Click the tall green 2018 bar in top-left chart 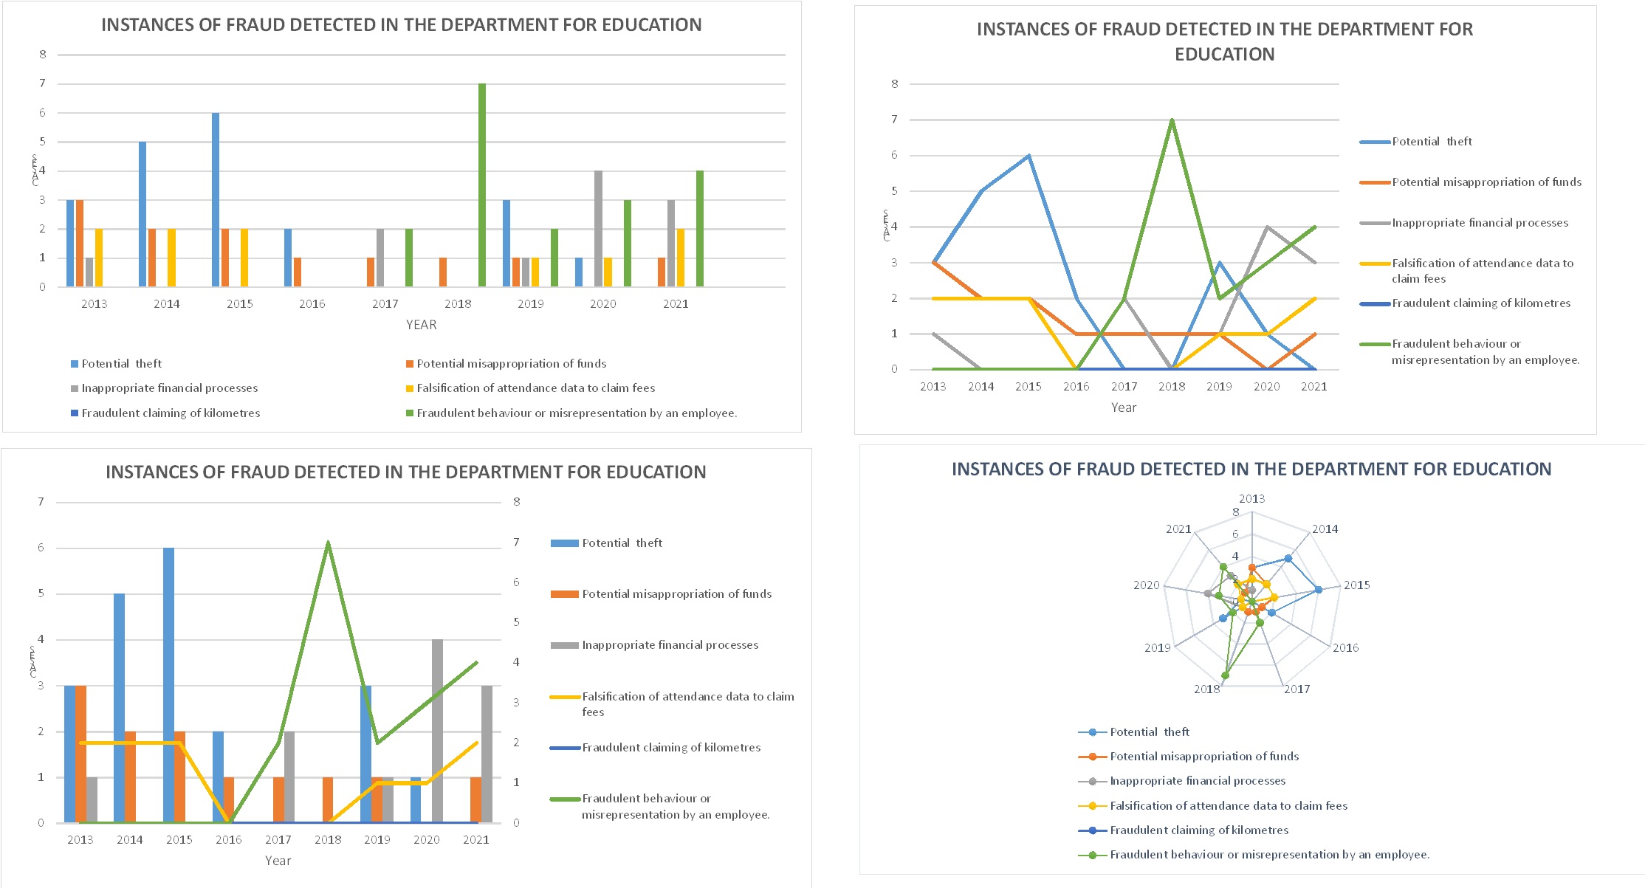(x=482, y=185)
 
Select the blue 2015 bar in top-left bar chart (x=216, y=199)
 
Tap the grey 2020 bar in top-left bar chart (x=598, y=229)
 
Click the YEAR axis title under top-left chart (x=421, y=325)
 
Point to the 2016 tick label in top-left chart (x=312, y=304)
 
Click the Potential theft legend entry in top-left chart (x=121, y=364)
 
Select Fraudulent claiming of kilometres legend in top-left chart (x=170, y=413)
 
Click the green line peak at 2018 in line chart (x=1172, y=120)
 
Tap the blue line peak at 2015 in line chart (x=1028, y=156)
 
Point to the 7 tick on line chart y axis (x=894, y=120)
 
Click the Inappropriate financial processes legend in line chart (x=1479, y=223)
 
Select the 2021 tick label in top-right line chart (x=1314, y=387)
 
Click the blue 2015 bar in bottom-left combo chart (x=168, y=685)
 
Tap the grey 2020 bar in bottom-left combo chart (x=437, y=731)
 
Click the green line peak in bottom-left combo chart (x=328, y=543)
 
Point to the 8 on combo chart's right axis (x=517, y=502)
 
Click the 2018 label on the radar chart (x=1206, y=689)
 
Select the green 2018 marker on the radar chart (x=1226, y=675)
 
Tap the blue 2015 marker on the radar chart (x=1319, y=590)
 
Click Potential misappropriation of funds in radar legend (x=1203, y=757)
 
